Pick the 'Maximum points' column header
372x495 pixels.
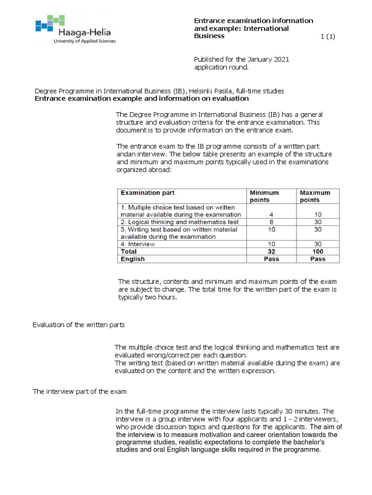(315, 196)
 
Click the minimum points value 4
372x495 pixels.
(271, 214)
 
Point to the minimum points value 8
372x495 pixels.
(271, 222)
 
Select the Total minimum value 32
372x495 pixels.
(271, 251)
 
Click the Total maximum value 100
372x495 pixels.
(318, 251)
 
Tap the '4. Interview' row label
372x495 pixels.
(138, 244)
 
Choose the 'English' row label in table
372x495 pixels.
(133, 259)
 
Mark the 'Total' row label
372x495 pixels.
(129, 251)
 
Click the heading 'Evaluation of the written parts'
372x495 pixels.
(78, 325)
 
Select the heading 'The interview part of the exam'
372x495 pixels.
(79, 391)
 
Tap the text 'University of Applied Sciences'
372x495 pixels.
(84, 41)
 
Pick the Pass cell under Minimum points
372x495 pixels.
(271, 259)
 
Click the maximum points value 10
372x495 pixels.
(318, 214)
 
